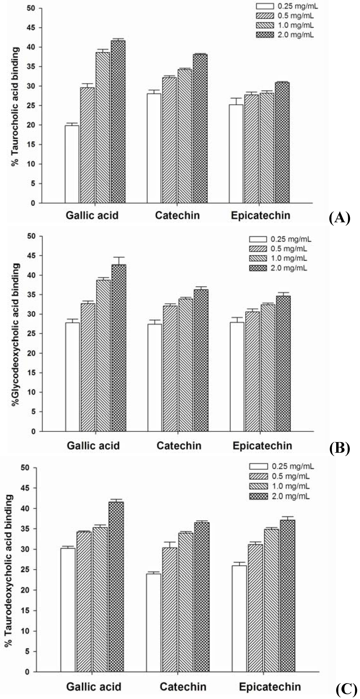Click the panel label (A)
point(339,218)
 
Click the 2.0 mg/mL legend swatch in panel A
point(265,35)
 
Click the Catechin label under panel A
point(177,215)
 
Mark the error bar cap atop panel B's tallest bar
point(119,257)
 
